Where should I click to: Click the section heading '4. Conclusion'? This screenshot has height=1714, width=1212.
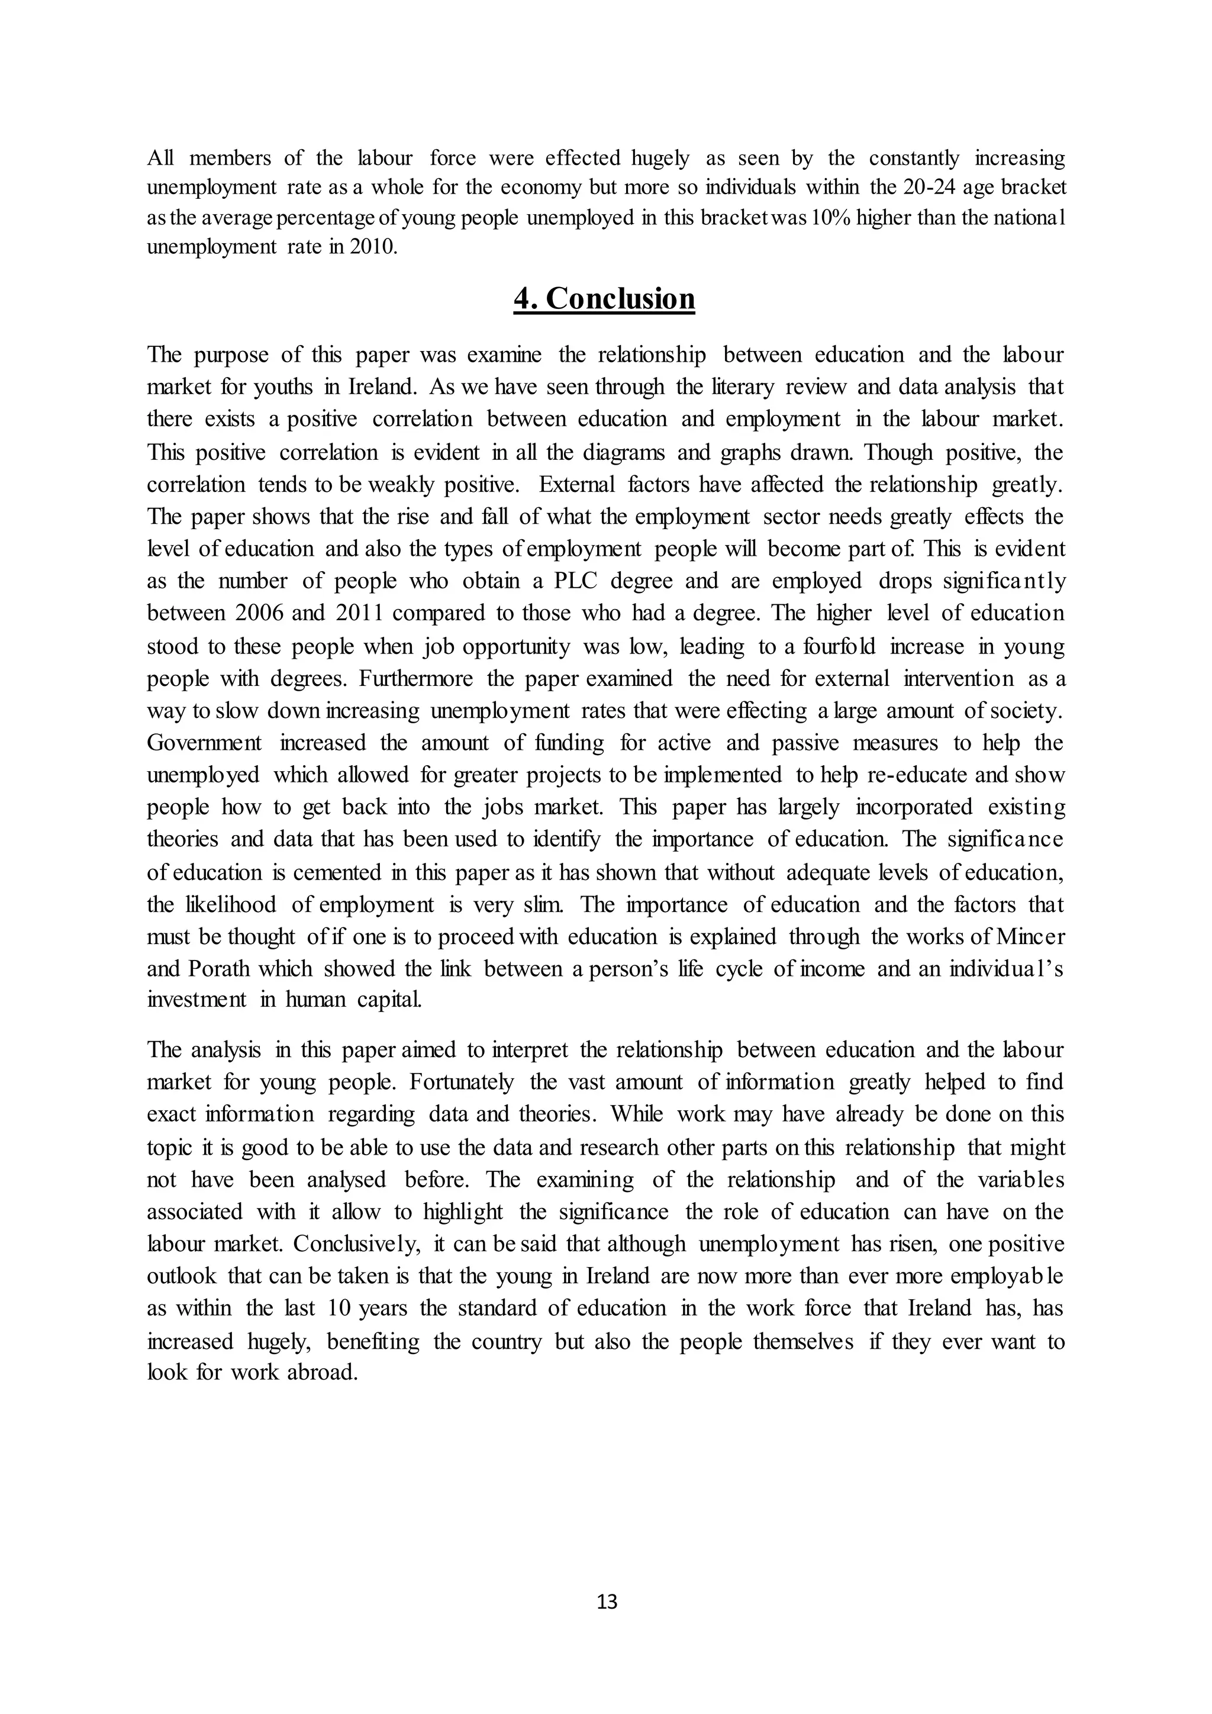click(x=604, y=299)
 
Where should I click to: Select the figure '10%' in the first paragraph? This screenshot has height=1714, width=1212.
click(x=829, y=218)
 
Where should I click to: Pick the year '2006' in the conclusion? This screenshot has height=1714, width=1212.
click(x=260, y=613)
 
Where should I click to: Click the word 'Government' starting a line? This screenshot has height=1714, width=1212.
click(x=205, y=743)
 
